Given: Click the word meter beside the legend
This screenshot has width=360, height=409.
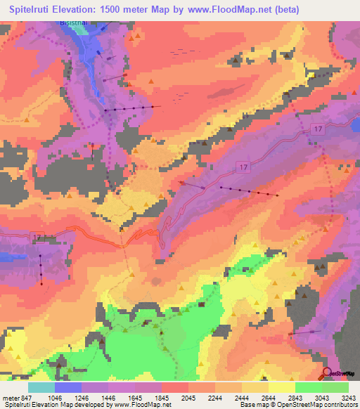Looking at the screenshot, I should pos(8,397).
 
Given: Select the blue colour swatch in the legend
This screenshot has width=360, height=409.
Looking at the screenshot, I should pos(68,387).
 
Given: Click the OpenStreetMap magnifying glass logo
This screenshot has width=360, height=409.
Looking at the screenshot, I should pos(326,373).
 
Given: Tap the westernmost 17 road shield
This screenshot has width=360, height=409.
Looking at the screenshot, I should pos(37,237).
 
